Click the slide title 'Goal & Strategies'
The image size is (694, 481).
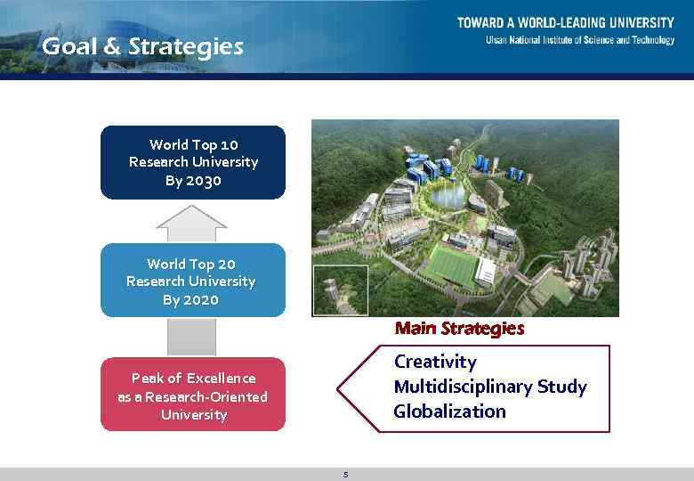pos(142,46)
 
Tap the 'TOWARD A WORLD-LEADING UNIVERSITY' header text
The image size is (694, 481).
pos(565,23)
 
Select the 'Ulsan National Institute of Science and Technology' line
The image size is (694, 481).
pos(579,40)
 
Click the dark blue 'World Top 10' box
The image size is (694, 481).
pos(193,162)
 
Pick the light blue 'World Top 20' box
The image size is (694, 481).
pos(193,281)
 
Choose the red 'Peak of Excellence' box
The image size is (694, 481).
pos(193,395)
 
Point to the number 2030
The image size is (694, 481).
pos(205,181)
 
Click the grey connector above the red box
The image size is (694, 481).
pos(192,337)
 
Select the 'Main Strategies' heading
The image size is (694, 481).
pos(459,329)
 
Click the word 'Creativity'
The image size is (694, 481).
pos(435,362)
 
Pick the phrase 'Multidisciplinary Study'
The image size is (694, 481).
pos(490,387)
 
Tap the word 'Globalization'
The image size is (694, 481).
pos(449,412)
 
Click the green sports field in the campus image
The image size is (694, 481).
pos(455,263)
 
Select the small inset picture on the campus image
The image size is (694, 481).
pos(340,289)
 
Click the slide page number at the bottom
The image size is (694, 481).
pos(345,475)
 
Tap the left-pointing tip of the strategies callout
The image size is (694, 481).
pos(339,387)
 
